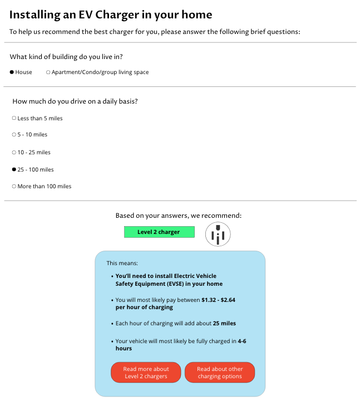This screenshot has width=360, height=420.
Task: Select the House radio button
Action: click(x=12, y=72)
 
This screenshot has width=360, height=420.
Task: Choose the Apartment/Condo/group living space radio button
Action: click(x=48, y=72)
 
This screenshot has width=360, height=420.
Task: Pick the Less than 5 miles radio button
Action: click(x=14, y=118)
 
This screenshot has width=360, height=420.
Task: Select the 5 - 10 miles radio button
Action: click(x=14, y=135)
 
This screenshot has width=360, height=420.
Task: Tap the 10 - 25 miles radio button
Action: click(x=14, y=152)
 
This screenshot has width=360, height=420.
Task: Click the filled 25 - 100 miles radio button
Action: click(x=14, y=169)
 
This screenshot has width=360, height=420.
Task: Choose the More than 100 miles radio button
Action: click(x=14, y=187)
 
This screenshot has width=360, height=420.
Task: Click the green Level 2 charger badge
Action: click(x=159, y=232)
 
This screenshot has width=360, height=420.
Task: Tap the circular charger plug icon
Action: click(x=218, y=235)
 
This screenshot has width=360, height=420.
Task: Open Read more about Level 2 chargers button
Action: click(x=146, y=373)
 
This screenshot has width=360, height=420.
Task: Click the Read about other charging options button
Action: click(x=220, y=373)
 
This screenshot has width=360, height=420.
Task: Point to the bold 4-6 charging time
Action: click(x=241, y=341)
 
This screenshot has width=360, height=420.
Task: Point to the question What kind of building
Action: click(x=66, y=57)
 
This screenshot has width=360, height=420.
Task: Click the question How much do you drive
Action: click(x=75, y=101)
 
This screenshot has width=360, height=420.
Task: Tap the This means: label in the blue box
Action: click(x=122, y=263)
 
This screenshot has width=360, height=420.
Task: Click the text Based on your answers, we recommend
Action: click(x=179, y=216)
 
